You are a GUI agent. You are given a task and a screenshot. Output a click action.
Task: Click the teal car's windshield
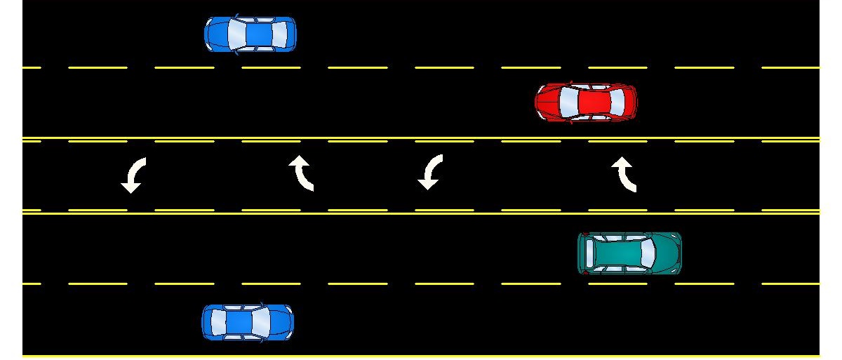click(646, 253)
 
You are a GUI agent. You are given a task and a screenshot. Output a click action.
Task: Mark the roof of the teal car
click(617, 253)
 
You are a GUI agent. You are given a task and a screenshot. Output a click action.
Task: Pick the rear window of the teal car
click(587, 253)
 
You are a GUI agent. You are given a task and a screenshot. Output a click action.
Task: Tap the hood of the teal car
click(669, 253)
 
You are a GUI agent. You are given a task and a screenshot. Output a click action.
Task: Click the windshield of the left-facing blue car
click(234, 34)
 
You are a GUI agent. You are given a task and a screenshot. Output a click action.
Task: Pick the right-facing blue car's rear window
click(217, 322)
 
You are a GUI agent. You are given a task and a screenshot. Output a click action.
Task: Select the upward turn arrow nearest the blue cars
click(302, 173)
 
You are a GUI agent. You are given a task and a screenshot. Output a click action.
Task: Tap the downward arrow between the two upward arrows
click(430, 173)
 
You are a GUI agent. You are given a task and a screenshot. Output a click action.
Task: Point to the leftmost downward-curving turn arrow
click(133, 175)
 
